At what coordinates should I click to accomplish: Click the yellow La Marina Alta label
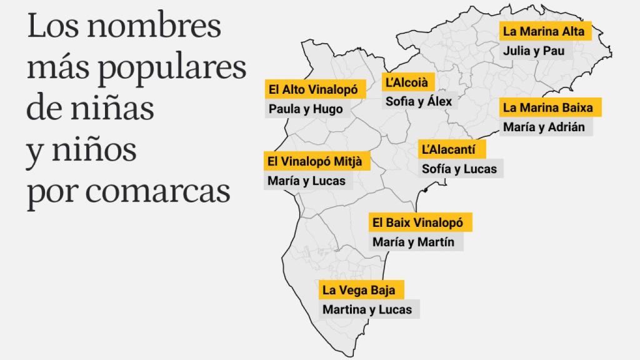545,32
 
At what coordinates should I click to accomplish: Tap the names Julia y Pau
533,51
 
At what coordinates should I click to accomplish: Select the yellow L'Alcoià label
409,82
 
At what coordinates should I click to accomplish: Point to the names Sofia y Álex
418,101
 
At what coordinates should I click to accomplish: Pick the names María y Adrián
544,127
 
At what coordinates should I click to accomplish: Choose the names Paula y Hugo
306,109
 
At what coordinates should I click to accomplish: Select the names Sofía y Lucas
459,169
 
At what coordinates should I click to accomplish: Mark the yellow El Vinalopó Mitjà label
317,161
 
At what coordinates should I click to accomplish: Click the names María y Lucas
306,181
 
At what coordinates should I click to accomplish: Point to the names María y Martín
413,241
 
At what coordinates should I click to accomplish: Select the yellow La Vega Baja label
360,290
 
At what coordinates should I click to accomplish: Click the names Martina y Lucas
367,309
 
